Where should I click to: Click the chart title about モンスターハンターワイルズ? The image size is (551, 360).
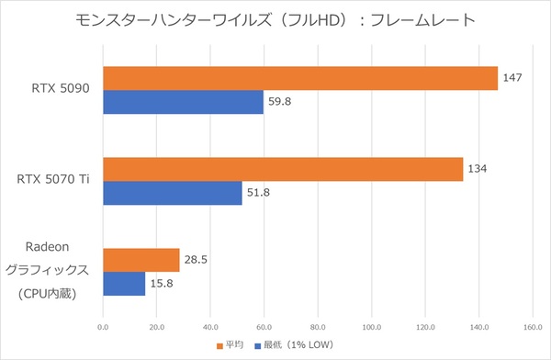pos(275,20)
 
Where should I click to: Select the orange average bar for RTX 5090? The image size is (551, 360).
pos(299,78)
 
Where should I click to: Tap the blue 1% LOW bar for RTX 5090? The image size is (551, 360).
pos(183,101)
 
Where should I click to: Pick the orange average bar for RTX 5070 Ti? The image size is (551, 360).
pos(282,169)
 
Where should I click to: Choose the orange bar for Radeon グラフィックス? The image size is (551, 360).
pos(141,260)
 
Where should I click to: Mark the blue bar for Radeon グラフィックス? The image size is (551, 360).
pos(124,283)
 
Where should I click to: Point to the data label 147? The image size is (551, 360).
pos(512,78)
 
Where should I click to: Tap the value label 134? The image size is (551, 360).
pos(478,169)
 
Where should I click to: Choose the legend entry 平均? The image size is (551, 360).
pos(231,345)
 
